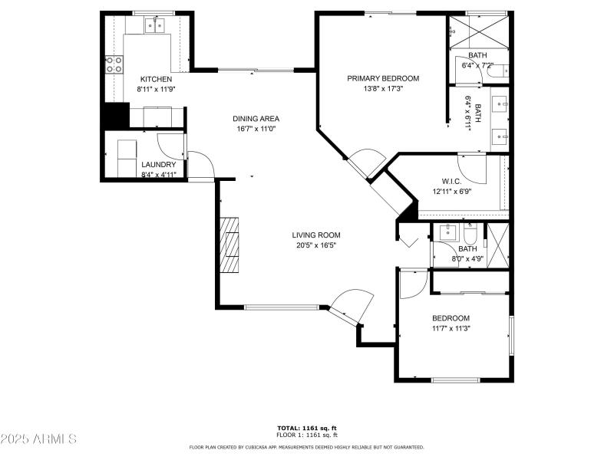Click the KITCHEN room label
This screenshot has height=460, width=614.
(x=155, y=79)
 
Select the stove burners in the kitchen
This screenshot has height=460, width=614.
(x=114, y=65)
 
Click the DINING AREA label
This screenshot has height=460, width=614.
(x=256, y=119)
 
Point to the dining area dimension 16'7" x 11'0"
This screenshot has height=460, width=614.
(x=256, y=130)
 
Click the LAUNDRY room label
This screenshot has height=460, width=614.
(x=159, y=164)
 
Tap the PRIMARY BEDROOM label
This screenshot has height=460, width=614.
(x=383, y=78)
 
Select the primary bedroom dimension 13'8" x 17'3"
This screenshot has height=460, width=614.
(x=383, y=88)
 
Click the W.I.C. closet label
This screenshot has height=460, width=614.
(x=451, y=181)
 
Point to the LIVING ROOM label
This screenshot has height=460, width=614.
(x=315, y=235)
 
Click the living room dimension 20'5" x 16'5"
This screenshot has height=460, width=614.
(x=315, y=245)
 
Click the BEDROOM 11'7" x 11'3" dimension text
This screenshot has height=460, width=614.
(x=451, y=328)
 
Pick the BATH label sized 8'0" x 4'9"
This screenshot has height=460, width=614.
(x=467, y=248)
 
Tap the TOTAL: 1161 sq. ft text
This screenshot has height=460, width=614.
(x=307, y=428)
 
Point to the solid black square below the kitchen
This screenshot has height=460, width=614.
(x=115, y=116)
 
